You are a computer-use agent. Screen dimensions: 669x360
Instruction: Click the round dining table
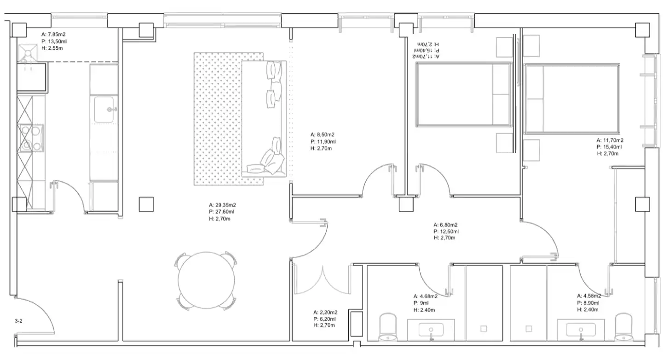tap(206, 280)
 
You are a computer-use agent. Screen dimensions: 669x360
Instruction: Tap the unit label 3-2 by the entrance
tap(18, 321)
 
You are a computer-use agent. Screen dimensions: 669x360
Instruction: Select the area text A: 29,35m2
tap(222, 205)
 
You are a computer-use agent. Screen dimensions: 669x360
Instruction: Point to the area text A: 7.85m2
tap(53, 35)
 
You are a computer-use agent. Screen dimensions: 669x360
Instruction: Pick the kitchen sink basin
tap(104, 110)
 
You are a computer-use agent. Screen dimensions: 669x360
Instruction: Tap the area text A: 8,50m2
tap(322, 135)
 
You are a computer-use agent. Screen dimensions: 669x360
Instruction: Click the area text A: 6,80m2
tap(445, 225)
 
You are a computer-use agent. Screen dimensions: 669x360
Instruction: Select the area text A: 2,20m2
tap(325, 312)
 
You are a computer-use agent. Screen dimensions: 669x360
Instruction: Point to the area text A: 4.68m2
tap(425, 296)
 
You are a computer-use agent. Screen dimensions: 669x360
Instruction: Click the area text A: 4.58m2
tap(589, 296)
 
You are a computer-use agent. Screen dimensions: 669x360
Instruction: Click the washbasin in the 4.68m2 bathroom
tap(431, 330)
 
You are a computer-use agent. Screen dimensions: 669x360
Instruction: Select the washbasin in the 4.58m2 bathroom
tap(581, 330)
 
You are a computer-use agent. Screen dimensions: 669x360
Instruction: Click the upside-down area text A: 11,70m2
tap(427, 56)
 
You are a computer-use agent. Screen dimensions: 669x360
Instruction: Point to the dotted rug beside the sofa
tap(218, 119)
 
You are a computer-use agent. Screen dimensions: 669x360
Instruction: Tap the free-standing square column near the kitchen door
tap(146, 204)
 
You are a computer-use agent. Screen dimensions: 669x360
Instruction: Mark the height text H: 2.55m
tap(52, 48)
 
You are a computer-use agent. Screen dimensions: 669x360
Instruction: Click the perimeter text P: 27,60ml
tap(222, 212)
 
